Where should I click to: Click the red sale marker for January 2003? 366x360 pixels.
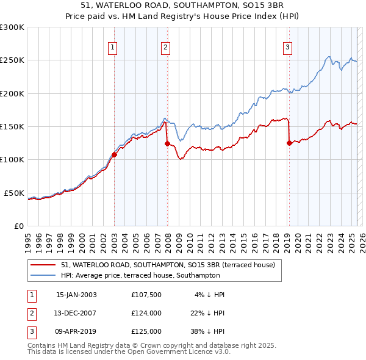(x=114, y=154)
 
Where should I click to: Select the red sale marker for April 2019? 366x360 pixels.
(x=289, y=143)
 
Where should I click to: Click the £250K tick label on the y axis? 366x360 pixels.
(x=12, y=60)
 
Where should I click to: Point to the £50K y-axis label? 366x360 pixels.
(x=14, y=193)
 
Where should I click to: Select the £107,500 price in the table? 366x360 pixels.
(x=146, y=295)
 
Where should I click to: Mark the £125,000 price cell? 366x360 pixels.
(x=146, y=331)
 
